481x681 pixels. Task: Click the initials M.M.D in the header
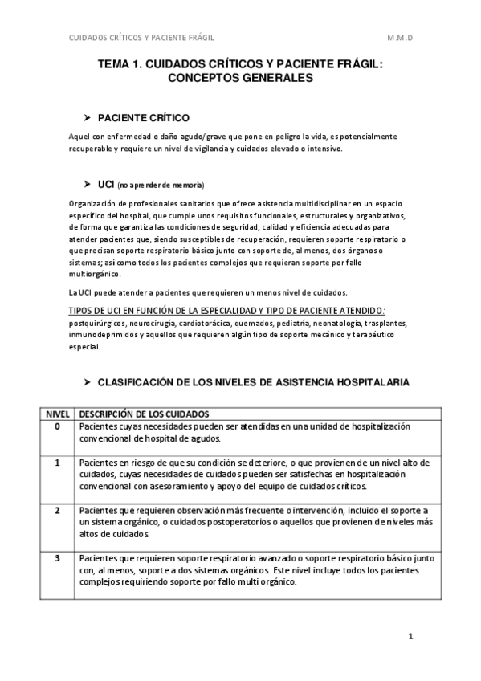[400, 38]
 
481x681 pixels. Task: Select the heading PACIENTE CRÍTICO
[143, 116]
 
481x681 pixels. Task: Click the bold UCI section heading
[106, 184]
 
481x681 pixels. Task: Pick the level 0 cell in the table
[57, 426]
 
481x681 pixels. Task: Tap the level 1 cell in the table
[57, 463]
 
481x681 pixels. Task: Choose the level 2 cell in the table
[57, 511]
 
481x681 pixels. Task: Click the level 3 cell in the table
[57, 557]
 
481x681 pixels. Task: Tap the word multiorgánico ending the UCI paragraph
[94, 274]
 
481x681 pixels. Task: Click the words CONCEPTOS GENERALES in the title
[240, 79]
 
